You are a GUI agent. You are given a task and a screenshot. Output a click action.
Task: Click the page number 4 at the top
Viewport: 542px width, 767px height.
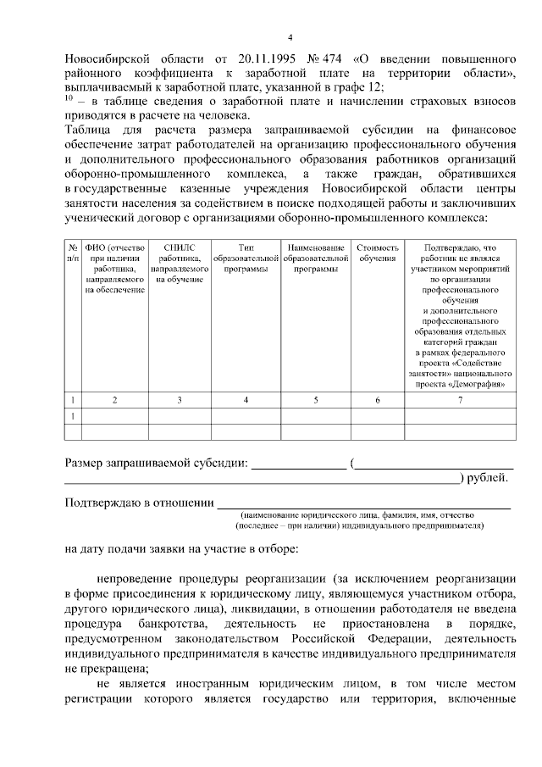290,38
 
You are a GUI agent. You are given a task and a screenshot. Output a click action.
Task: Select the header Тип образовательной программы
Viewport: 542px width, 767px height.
246,258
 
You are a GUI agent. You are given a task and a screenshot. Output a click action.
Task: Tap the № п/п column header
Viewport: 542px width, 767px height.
73,253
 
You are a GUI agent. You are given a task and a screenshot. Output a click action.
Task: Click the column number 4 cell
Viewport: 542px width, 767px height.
246,399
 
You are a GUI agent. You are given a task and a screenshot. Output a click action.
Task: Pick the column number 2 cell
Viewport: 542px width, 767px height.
115,399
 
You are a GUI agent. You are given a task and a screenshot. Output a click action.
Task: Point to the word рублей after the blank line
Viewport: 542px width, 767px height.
487,479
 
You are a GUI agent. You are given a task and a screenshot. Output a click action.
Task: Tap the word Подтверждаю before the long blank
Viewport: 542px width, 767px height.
102,503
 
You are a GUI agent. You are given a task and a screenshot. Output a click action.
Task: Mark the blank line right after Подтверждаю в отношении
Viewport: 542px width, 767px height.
364,507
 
